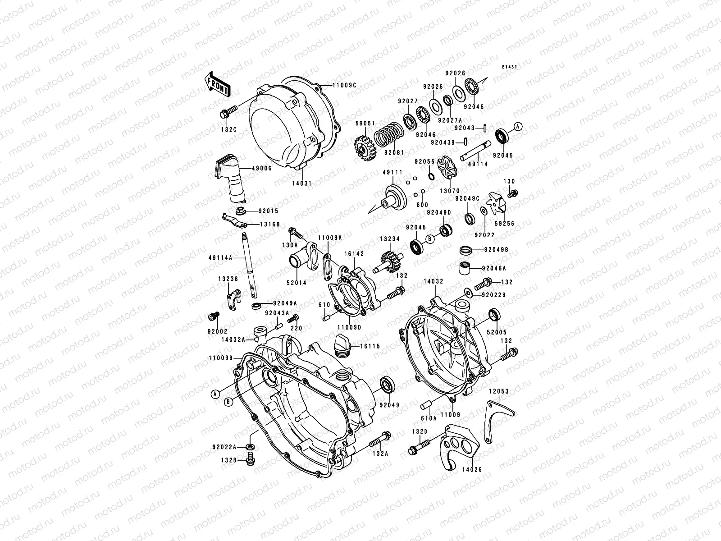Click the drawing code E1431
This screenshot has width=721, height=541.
(509, 67)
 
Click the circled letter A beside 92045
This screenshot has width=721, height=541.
(518, 127)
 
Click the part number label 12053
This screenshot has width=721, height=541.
(499, 391)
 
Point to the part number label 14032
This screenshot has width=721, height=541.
(434, 281)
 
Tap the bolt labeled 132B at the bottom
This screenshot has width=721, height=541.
(251, 459)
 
